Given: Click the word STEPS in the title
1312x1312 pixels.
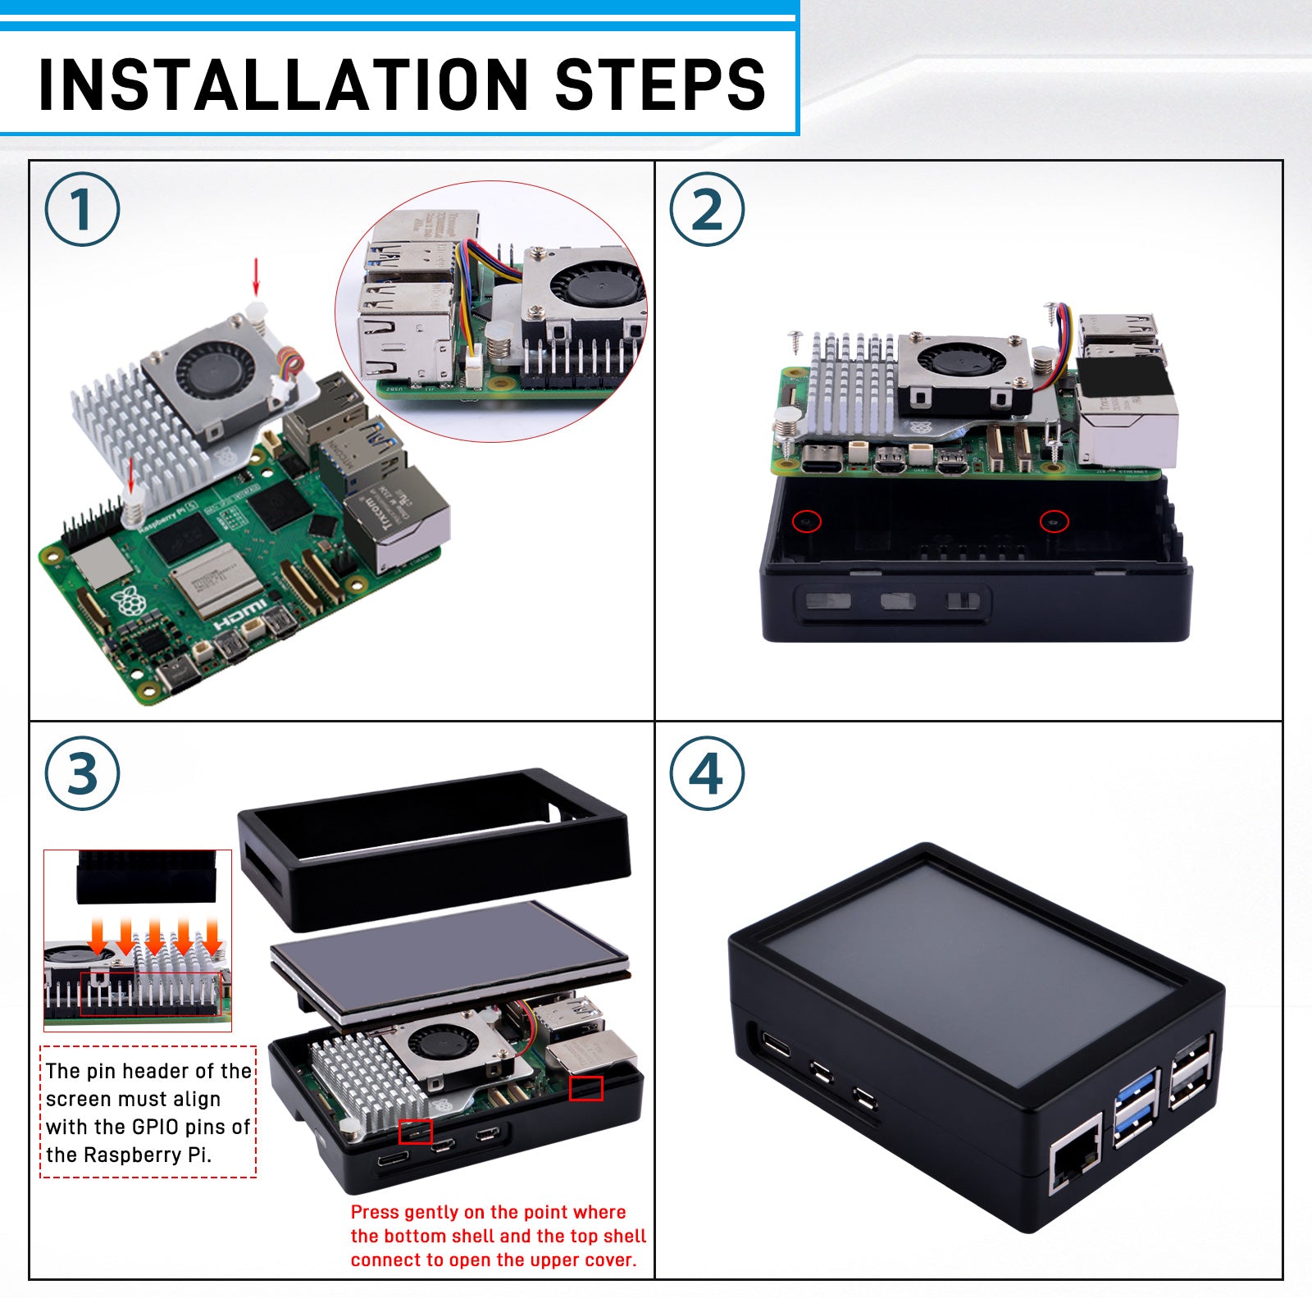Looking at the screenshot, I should [x=660, y=84].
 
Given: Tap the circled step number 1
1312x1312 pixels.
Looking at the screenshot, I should [x=82, y=209].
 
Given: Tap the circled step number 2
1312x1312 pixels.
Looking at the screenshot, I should [x=707, y=209].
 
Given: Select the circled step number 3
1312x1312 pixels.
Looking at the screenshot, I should [x=82, y=774].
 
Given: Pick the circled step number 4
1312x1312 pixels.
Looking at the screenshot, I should [x=707, y=774].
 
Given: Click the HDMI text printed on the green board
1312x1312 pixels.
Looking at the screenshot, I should [x=239, y=613].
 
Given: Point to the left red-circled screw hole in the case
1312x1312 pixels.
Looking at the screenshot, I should [x=807, y=521].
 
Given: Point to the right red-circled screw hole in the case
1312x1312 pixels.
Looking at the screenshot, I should [x=1054, y=521].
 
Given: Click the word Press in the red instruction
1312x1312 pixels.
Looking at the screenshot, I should [x=375, y=1212].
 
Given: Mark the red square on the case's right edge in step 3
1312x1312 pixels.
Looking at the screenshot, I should [x=585, y=1088].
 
